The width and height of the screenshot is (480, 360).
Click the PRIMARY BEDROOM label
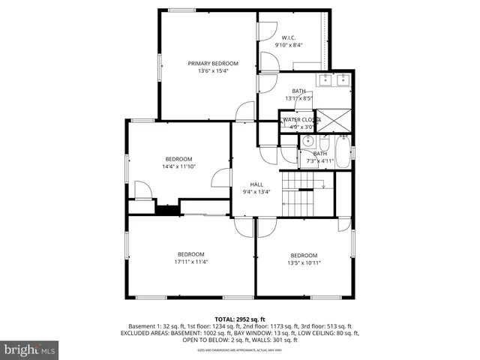(x=213, y=64)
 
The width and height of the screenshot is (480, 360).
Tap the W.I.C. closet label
(x=289, y=37)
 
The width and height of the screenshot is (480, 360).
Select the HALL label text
(x=256, y=184)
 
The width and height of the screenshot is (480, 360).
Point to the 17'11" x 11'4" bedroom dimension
(x=191, y=262)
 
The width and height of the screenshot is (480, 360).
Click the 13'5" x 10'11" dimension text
(x=304, y=262)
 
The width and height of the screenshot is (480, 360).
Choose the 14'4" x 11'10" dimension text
(x=178, y=166)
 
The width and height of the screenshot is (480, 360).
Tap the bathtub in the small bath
(x=343, y=152)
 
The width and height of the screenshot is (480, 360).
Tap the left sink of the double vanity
(x=325, y=80)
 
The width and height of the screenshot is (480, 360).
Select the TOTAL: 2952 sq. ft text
(x=240, y=319)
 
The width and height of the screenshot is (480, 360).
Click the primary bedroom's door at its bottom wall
(x=244, y=112)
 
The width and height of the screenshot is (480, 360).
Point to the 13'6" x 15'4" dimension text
(x=213, y=71)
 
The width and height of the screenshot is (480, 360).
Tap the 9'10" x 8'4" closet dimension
(x=289, y=45)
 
